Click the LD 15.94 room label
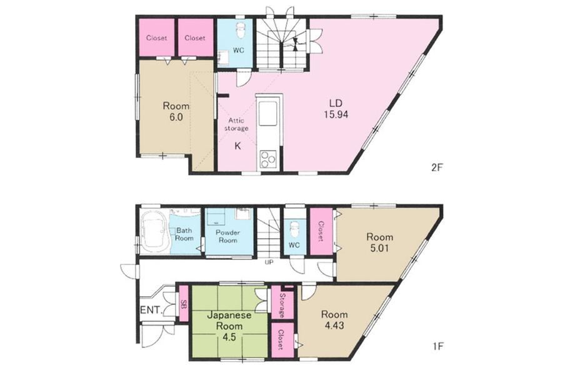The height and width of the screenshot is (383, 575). pos(336,109)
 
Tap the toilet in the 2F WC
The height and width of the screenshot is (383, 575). pos(240,31)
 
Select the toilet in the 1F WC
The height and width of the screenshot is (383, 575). pos(294,230)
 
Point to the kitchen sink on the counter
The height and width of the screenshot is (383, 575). pos(269,112)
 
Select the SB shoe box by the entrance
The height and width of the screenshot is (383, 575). pos(183,304)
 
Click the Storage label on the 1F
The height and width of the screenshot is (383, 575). pos(282,305)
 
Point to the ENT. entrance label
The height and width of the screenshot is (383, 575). pos(151,310)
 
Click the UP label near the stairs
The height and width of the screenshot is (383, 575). pos(270,262)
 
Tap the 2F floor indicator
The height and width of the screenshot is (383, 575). pos(437,168)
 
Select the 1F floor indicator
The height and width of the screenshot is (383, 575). pos(438,346)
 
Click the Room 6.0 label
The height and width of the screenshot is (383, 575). pos(176,111)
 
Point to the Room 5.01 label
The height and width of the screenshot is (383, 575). pos(379,242)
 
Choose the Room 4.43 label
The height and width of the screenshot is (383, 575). pos(334,320)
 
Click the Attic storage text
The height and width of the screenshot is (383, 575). pos(236,124)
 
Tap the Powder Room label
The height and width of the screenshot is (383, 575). pos(227,236)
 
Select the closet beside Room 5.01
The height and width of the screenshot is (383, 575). pos(321,231)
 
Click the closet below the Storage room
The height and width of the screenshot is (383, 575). pos(282,340)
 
